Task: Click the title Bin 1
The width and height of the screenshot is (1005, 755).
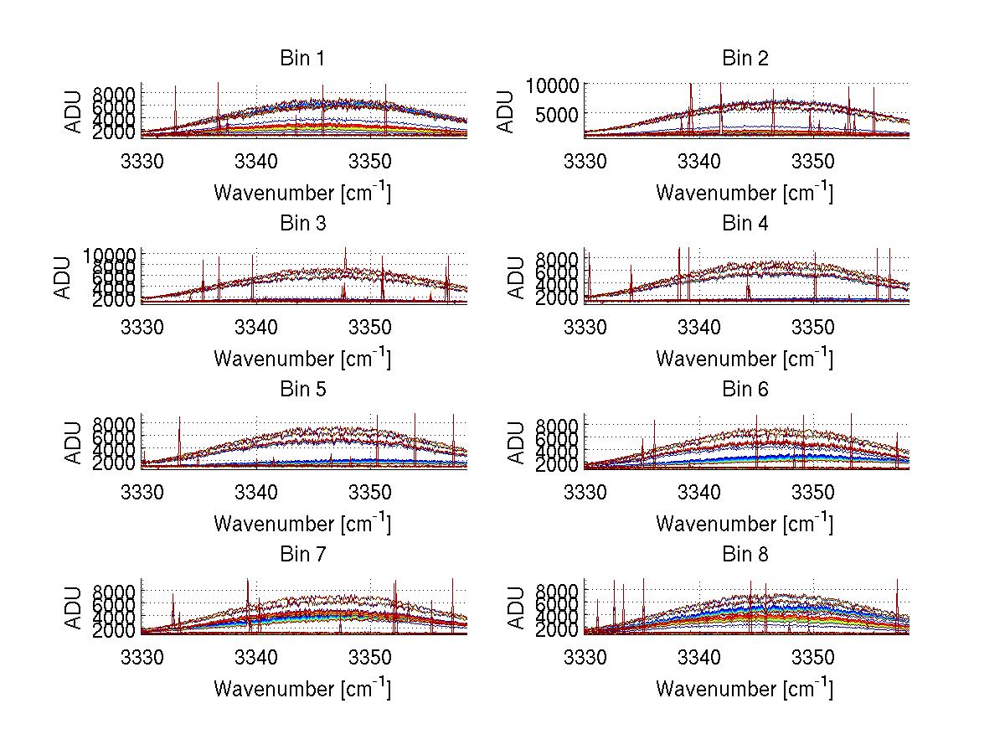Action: [302, 59]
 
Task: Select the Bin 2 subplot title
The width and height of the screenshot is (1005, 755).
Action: [745, 59]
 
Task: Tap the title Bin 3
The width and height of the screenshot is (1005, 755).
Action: [302, 224]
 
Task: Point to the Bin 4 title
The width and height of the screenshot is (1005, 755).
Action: [745, 224]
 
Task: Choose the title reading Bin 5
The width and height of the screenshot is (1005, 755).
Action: [302, 390]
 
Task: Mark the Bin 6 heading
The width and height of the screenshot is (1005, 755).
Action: [745, 390]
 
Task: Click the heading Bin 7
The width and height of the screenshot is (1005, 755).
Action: [302, 555]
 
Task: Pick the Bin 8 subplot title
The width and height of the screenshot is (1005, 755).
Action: [745, 555]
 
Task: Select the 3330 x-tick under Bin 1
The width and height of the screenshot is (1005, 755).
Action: [142, 161]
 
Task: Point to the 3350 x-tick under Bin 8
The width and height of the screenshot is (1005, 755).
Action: [812, 657]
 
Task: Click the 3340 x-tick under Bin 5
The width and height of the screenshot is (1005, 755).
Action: [256, 492]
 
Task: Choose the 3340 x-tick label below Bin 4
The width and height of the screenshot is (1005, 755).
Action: [698, 327]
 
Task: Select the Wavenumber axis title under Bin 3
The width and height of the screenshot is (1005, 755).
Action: [302, 358]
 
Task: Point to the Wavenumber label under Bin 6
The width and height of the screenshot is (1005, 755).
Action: [745, 523]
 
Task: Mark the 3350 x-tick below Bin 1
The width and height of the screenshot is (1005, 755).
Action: [370, 161]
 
